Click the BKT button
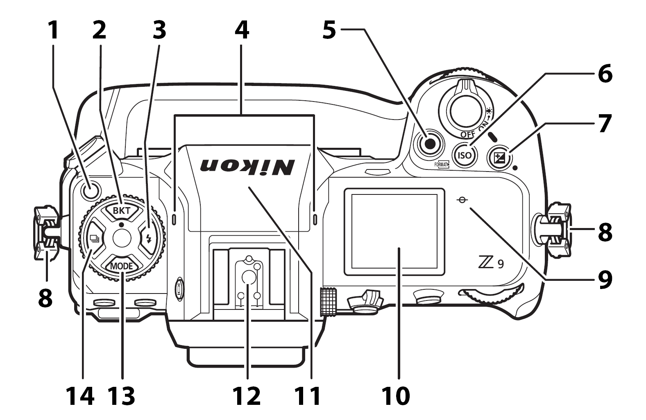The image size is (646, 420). point(121,211)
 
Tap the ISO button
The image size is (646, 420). point(465,155)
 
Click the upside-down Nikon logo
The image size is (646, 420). point(247,165)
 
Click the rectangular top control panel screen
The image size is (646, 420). point(394,231)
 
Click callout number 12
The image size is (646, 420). point(247,396)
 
